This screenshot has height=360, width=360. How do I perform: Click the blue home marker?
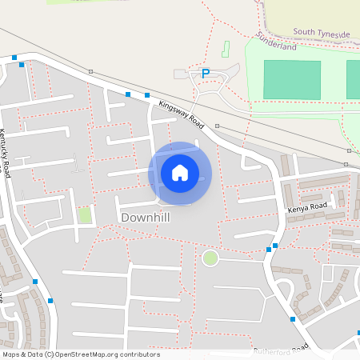[x=179, y=172]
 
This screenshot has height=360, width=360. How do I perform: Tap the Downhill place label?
[x=145, y=217]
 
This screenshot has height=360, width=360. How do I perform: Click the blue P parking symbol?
[x=205, y=73]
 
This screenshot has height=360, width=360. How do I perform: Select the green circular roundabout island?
[x=210, y=258]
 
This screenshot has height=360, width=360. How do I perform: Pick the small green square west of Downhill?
[x=85, y=214]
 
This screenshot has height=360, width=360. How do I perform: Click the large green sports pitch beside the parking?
[x=292, y=80]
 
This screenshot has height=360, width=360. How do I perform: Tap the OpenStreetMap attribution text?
[x=80, y=354]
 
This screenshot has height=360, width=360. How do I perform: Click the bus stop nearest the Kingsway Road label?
[x=146, y=95]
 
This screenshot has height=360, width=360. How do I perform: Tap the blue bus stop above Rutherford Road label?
[x=293, y=319]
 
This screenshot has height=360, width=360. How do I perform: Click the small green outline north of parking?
[x=225, y=48]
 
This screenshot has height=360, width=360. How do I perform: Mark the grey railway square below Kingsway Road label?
[x=217, y=126]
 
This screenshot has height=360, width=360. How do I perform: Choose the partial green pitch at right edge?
[x=353, y=80]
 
